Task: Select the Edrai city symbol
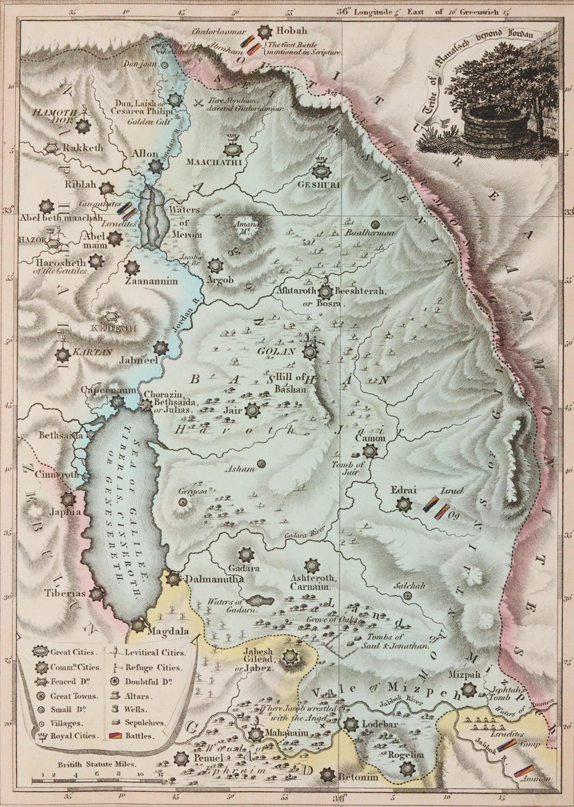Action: click(403, 504)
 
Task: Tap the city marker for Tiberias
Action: click(96, 594)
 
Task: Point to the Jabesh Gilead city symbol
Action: click(290, 657)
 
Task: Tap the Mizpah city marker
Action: click(469, 689)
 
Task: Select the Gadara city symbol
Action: click(246, 555)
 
